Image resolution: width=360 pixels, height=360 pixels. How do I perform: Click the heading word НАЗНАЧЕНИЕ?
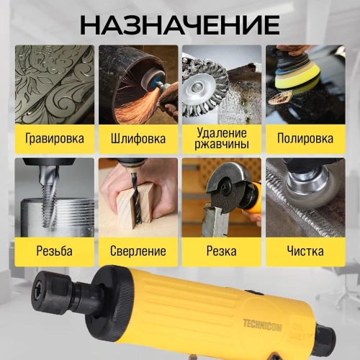[x=179, y=24]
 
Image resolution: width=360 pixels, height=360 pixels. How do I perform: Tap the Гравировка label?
[x=54, y=138]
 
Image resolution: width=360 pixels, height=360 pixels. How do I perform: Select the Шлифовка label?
[x=138, y=138]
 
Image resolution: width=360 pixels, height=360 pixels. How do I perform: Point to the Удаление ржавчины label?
[x=222, y=138]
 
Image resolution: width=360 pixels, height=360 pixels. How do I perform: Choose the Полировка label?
[x=305, y=138]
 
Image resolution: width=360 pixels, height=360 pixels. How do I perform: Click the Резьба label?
[x=54, y=251]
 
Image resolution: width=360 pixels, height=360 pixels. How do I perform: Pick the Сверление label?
[x=138, y=251]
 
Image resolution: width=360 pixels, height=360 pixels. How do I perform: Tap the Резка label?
[x=222, y=251]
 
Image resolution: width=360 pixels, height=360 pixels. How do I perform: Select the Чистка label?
[x=305, y=251]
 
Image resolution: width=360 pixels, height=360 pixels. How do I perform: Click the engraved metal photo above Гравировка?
[x=54, y=83]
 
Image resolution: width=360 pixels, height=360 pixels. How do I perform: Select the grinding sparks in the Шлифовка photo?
[x=130, y=108]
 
